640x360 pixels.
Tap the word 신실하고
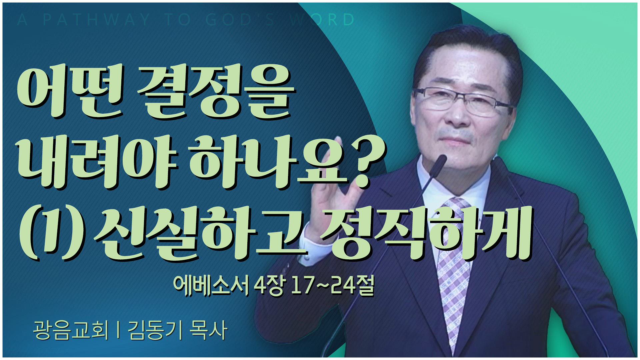click(x=200, y=233)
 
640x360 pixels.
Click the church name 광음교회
click(x=71, y=330)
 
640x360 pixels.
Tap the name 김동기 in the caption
click(x=155, y=330)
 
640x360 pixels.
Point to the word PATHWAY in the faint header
click(x=97, y=20)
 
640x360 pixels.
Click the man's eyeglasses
click(x=462, y=101)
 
